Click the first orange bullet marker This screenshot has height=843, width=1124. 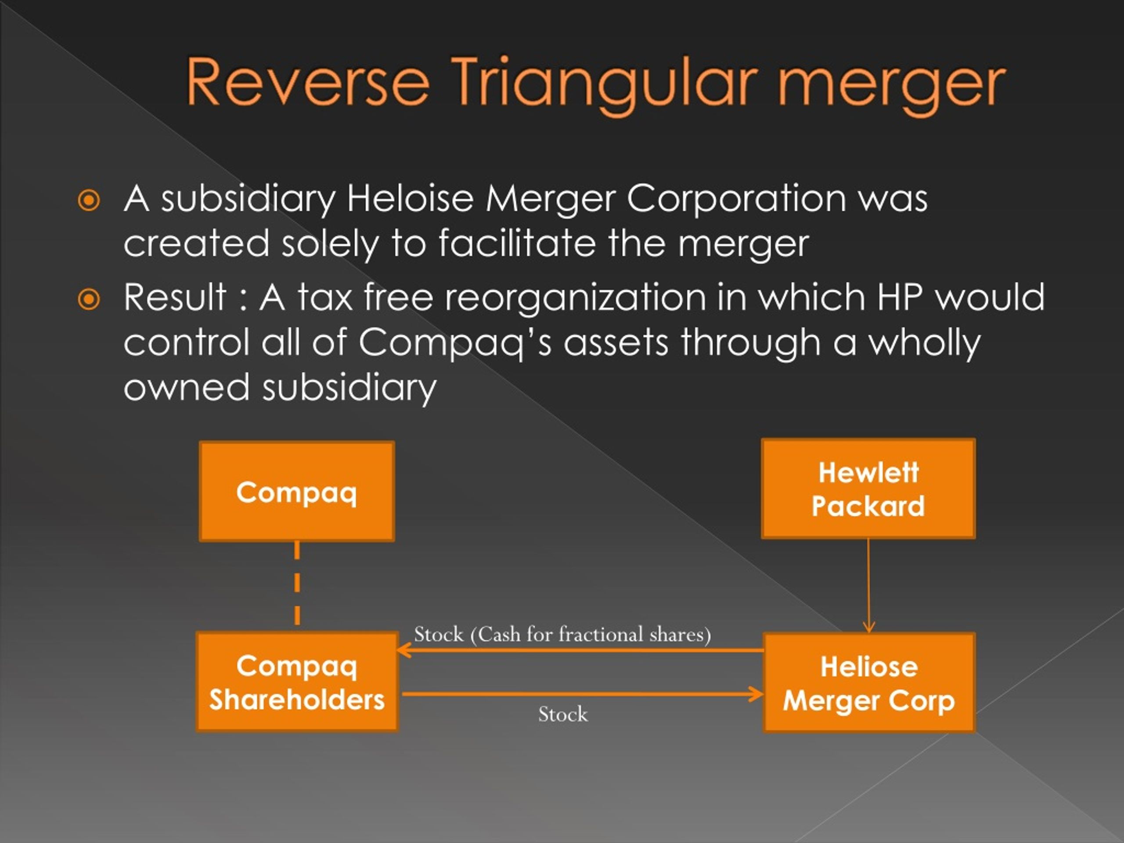(x=89, y=200)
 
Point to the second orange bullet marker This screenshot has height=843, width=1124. (x=89, y=299)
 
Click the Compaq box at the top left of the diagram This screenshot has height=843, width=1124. (x=297, y=491)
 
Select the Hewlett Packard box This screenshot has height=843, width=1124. (x=868, y=489)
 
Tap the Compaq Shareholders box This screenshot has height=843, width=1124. (x=297, y=682)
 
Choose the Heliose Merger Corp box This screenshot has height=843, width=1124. (x=869, y=682)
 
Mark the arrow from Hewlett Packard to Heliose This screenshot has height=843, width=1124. (x=868, y=585)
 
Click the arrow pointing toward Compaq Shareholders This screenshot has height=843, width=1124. (x=579, y=650)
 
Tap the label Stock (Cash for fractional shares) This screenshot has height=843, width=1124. (x=562, y=634)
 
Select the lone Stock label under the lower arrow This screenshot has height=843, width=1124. (x=563, y=714)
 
